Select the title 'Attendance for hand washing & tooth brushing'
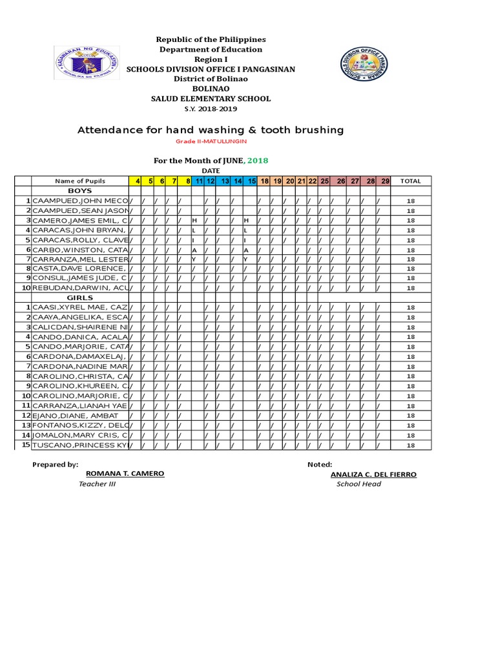211,130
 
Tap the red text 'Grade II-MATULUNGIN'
211,141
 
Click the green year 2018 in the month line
258,160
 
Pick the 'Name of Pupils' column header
80,181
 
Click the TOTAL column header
411,181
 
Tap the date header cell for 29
385,181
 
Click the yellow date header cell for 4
138,181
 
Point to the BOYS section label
80,191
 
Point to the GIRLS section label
80,298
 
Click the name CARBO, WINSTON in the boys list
80,249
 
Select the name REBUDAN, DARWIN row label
80,288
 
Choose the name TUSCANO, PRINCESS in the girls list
80,445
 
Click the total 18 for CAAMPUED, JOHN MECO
411,201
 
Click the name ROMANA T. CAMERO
129,473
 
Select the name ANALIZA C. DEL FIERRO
373,474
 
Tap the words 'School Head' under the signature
358,484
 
